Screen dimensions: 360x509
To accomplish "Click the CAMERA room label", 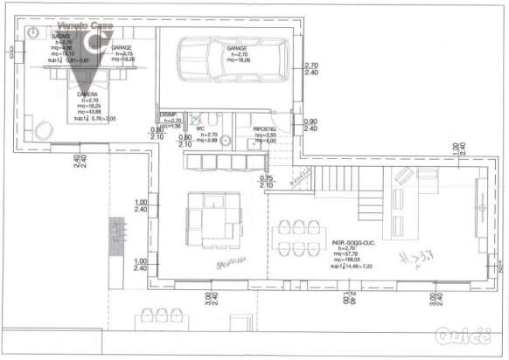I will click(87, 93).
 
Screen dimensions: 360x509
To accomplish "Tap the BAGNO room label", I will click(60, 36).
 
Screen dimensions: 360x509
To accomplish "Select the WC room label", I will click(200, 128).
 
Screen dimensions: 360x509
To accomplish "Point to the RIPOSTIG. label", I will click(265, 128).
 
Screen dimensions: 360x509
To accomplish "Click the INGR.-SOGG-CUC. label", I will click(353, 241).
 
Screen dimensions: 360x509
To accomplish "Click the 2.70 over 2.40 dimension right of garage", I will click(310, 69).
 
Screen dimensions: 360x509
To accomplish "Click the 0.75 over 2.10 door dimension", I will click(268, 182).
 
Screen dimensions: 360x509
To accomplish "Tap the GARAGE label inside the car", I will click(236, 47).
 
